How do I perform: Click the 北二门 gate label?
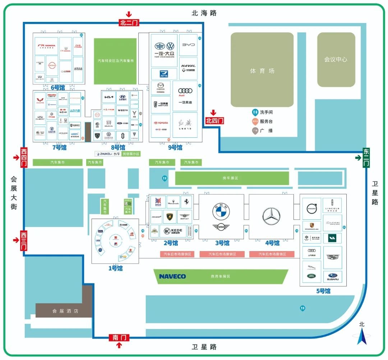click(x=129, y=23)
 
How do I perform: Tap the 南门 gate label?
click(x=119, y=337)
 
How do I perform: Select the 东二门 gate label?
click(x=366, y=158)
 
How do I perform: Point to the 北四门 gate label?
click(x=214, y=120)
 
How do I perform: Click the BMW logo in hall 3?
click(x=221, y=212)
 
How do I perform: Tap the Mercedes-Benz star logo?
click(x=271, y=216)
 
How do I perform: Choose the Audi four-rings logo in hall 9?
click(x=185, y=91)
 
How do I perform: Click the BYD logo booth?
click(x=188, y=45)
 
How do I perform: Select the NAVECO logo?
click(x=172, y=276)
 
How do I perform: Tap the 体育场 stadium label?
click(x=262, y=71)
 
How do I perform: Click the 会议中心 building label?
click(x=336, y=59)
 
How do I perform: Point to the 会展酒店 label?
click(x=65, y=311)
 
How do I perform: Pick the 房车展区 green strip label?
click(x=230, y=178)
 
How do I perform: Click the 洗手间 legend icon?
click(x=255, y=112)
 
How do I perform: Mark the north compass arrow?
click(x=362, y=336)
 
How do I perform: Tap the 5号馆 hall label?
click(x=323, y=291)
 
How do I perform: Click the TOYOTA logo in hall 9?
click(x=161, y=123)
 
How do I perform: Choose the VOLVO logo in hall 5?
click(x=311, y=208)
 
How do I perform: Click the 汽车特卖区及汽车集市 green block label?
click(x=115, y=61)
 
